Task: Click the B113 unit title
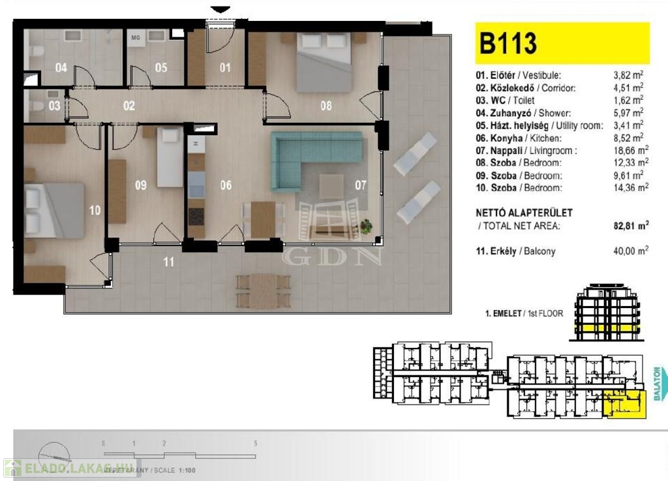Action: coord(508,43)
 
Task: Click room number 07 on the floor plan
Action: coord(361,185)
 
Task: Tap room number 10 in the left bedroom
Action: coord(95,210)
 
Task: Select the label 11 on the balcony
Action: coord(169,262)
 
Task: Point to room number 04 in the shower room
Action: coord(61,67)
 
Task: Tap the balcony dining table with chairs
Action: coord(263,290)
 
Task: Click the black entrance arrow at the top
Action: coord(221,8)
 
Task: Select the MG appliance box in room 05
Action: coord(136,37)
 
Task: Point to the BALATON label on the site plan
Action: coord(658,385)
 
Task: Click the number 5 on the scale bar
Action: coord(255,443)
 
